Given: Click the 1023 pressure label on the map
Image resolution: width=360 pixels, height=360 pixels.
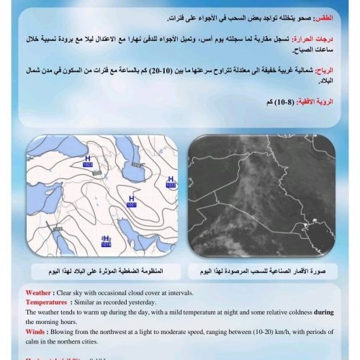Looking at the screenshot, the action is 89,166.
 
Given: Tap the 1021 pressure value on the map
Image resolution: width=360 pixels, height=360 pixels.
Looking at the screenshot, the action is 131,205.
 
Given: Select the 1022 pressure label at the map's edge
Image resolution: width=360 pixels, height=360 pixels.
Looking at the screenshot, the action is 171,185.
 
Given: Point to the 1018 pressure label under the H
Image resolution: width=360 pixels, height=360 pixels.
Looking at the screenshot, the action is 106,245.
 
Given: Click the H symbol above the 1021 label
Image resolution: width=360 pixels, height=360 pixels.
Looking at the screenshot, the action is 131,198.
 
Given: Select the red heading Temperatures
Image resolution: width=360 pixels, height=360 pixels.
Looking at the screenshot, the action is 51,303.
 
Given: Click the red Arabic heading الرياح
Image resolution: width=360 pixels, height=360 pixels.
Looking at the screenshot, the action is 325,71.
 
